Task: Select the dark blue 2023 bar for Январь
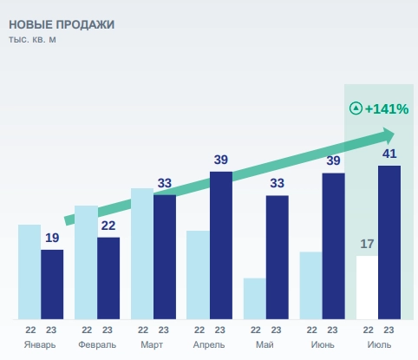[x=52, y=285]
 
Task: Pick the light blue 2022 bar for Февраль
[x=86, y=262]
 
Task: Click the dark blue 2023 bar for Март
[x=165, y=258]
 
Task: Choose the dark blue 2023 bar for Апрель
[x=221, y=245]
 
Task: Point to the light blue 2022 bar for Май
[x=254, y=298]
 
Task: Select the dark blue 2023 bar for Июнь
[x=333, y=246]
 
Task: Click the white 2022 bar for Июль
[x=367, y=287]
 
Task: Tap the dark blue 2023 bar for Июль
[x=389, y=242]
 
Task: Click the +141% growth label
[x=386, y=109]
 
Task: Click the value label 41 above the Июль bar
[x=389, y=154]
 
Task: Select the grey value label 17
[x=367, y=243]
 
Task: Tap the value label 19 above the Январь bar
[x=52, y=238]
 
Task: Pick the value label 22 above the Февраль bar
[x=108, y=226]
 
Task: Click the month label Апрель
[x=209, y=344]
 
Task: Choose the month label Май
[x=265, y=344]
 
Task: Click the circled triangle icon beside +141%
[x=355, y=109]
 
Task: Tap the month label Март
[x=153, y=344]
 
